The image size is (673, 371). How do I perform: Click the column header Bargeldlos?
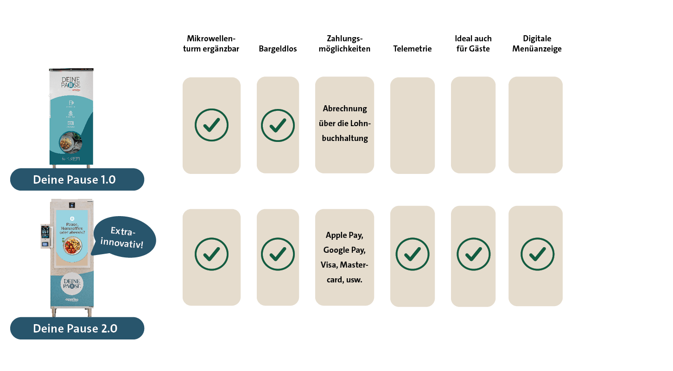click(x=278, y=49)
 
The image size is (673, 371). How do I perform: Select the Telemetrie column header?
click(x=412, y=49)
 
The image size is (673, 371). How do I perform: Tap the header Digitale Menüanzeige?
click(x=537, y=44)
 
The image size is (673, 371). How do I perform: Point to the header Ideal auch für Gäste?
click(x=473, y=44)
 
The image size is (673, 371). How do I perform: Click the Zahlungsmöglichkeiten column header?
click(x=344, y=44)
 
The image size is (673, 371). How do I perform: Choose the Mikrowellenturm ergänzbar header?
click(x=211, y=44)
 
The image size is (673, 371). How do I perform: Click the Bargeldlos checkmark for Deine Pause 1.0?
click(x=278, y=125)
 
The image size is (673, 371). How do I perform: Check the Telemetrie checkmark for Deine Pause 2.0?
click(x=412, y=254)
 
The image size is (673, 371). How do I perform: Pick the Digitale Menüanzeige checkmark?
click(x=537, y=254)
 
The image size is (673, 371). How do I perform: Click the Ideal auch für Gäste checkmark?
click(x=473, y=254)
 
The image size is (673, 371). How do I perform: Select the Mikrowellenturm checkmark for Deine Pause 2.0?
click(x=211, y=254)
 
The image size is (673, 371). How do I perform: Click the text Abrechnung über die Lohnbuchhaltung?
click(x=345, y=123)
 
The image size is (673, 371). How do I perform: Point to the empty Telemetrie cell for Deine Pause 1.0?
click(x=413, y=125)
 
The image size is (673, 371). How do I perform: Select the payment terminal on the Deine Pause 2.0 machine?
click(x=45, y=236)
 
